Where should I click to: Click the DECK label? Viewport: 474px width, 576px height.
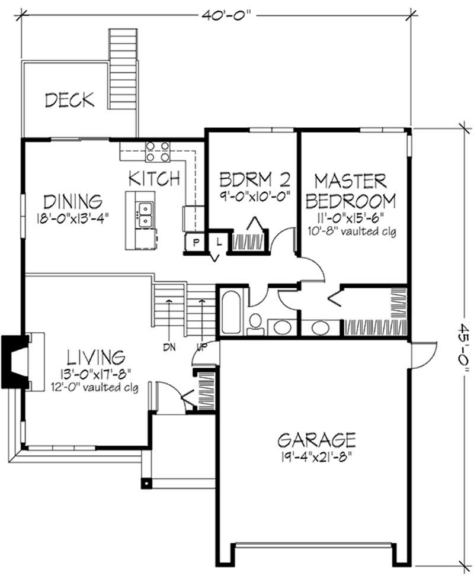pos(69,99)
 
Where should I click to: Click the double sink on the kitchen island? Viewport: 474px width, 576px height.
pos(144,215)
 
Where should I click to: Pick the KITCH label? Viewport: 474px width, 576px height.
pos(154,178)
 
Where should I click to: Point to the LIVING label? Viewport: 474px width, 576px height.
pos(95,357)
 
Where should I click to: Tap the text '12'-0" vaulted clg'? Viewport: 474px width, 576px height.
pos(95,388)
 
